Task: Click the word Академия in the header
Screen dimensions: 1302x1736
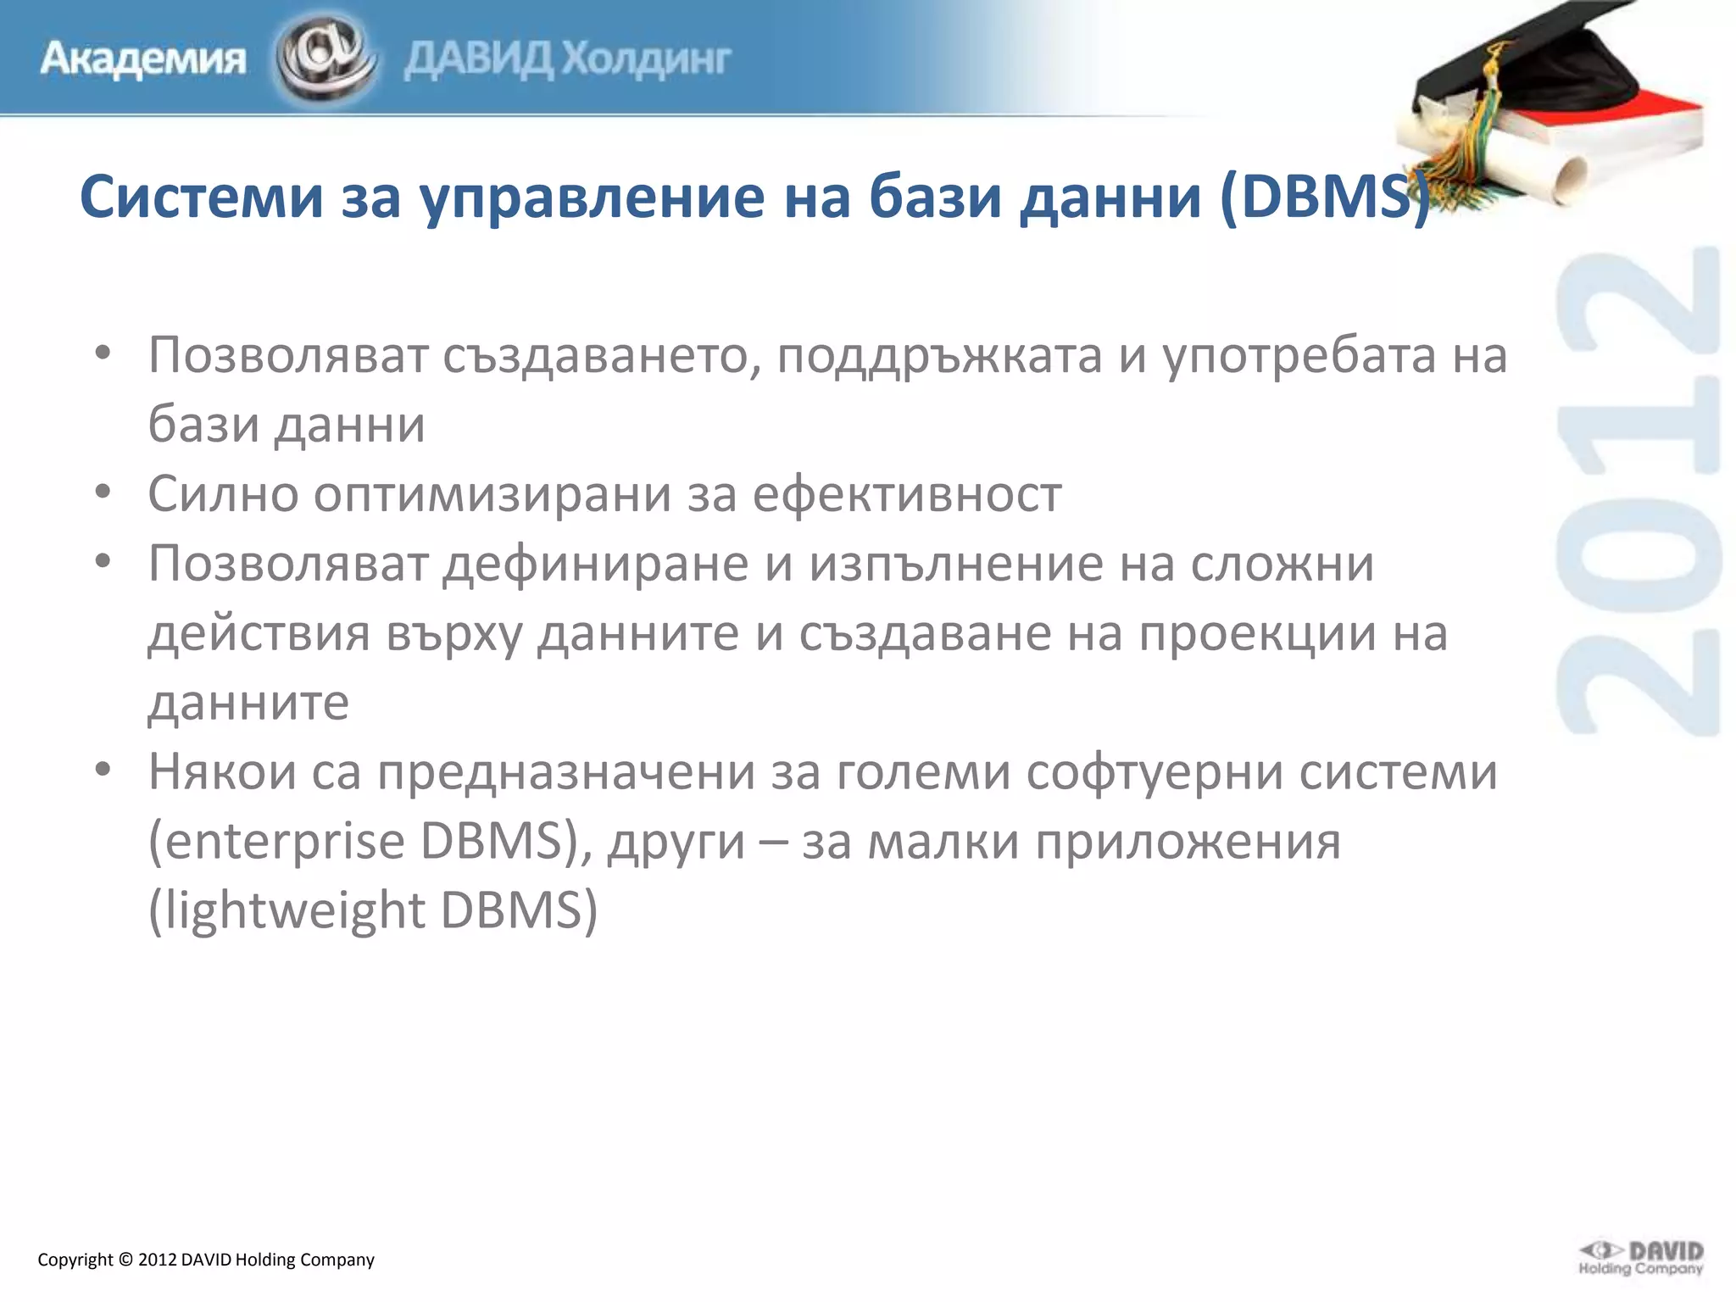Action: point(143,60)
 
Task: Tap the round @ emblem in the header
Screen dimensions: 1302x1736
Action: point(325,58)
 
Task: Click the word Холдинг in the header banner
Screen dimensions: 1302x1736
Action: point(647,59)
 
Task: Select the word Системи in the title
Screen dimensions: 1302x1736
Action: point(202,197)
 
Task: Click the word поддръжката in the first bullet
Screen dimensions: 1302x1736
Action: point(939,355)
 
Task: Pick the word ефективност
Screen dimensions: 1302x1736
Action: point(907,494)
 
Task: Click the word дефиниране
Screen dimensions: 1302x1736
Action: point(596,564)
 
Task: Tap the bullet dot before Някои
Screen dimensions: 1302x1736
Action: point(103,770)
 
